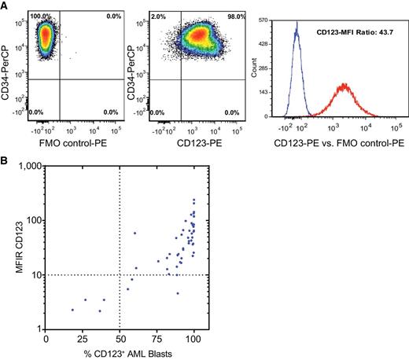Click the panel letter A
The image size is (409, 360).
click(6, 6)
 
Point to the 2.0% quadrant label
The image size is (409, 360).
click(157, 16)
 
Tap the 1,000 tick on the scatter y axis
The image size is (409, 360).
click(29, 167)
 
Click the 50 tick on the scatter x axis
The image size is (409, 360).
click(119, 339)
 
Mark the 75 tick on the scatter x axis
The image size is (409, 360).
click(157, 339)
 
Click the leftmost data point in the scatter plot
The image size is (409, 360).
click(72, 310)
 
